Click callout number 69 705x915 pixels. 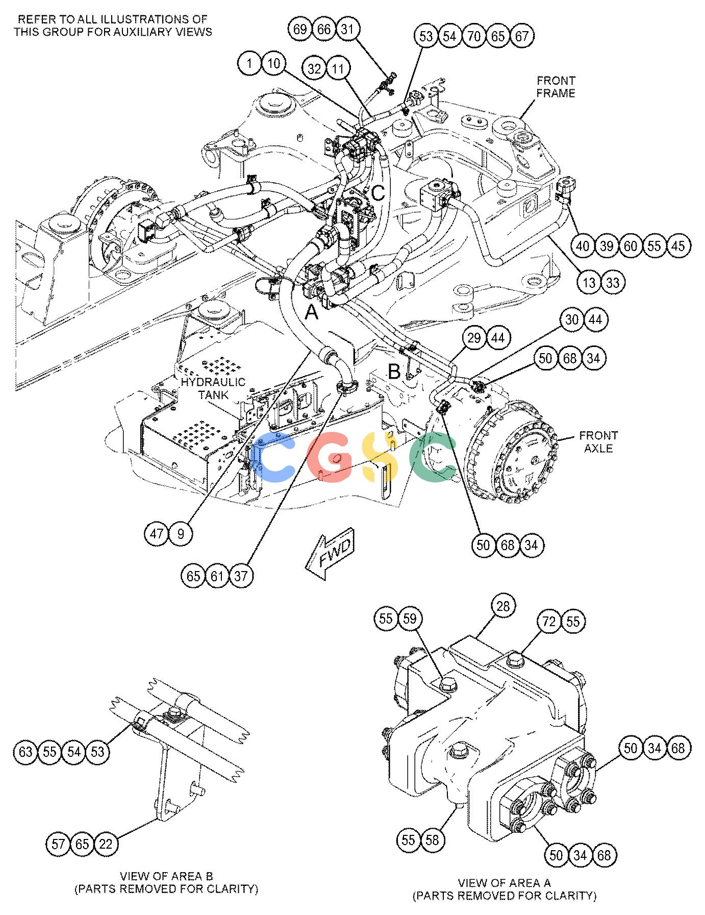coord(300,29)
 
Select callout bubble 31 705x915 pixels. coord(347,29)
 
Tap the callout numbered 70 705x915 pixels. coord(474,36)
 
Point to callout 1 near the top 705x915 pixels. coord(249,64)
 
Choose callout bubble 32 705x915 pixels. coord(315,68)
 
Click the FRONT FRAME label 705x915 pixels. coord(556,87)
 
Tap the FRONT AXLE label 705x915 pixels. coord(598,442)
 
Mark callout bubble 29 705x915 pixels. coord(474,338)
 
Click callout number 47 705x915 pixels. coord(157,534)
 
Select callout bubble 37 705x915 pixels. coord(241,576)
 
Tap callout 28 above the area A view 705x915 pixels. coord(503,606)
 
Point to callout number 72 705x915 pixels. coord(549,621)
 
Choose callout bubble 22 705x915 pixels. coord(105,844)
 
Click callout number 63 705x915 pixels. coord(26,752)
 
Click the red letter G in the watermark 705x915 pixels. coord(330,458)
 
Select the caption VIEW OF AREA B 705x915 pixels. coord(166,876)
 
